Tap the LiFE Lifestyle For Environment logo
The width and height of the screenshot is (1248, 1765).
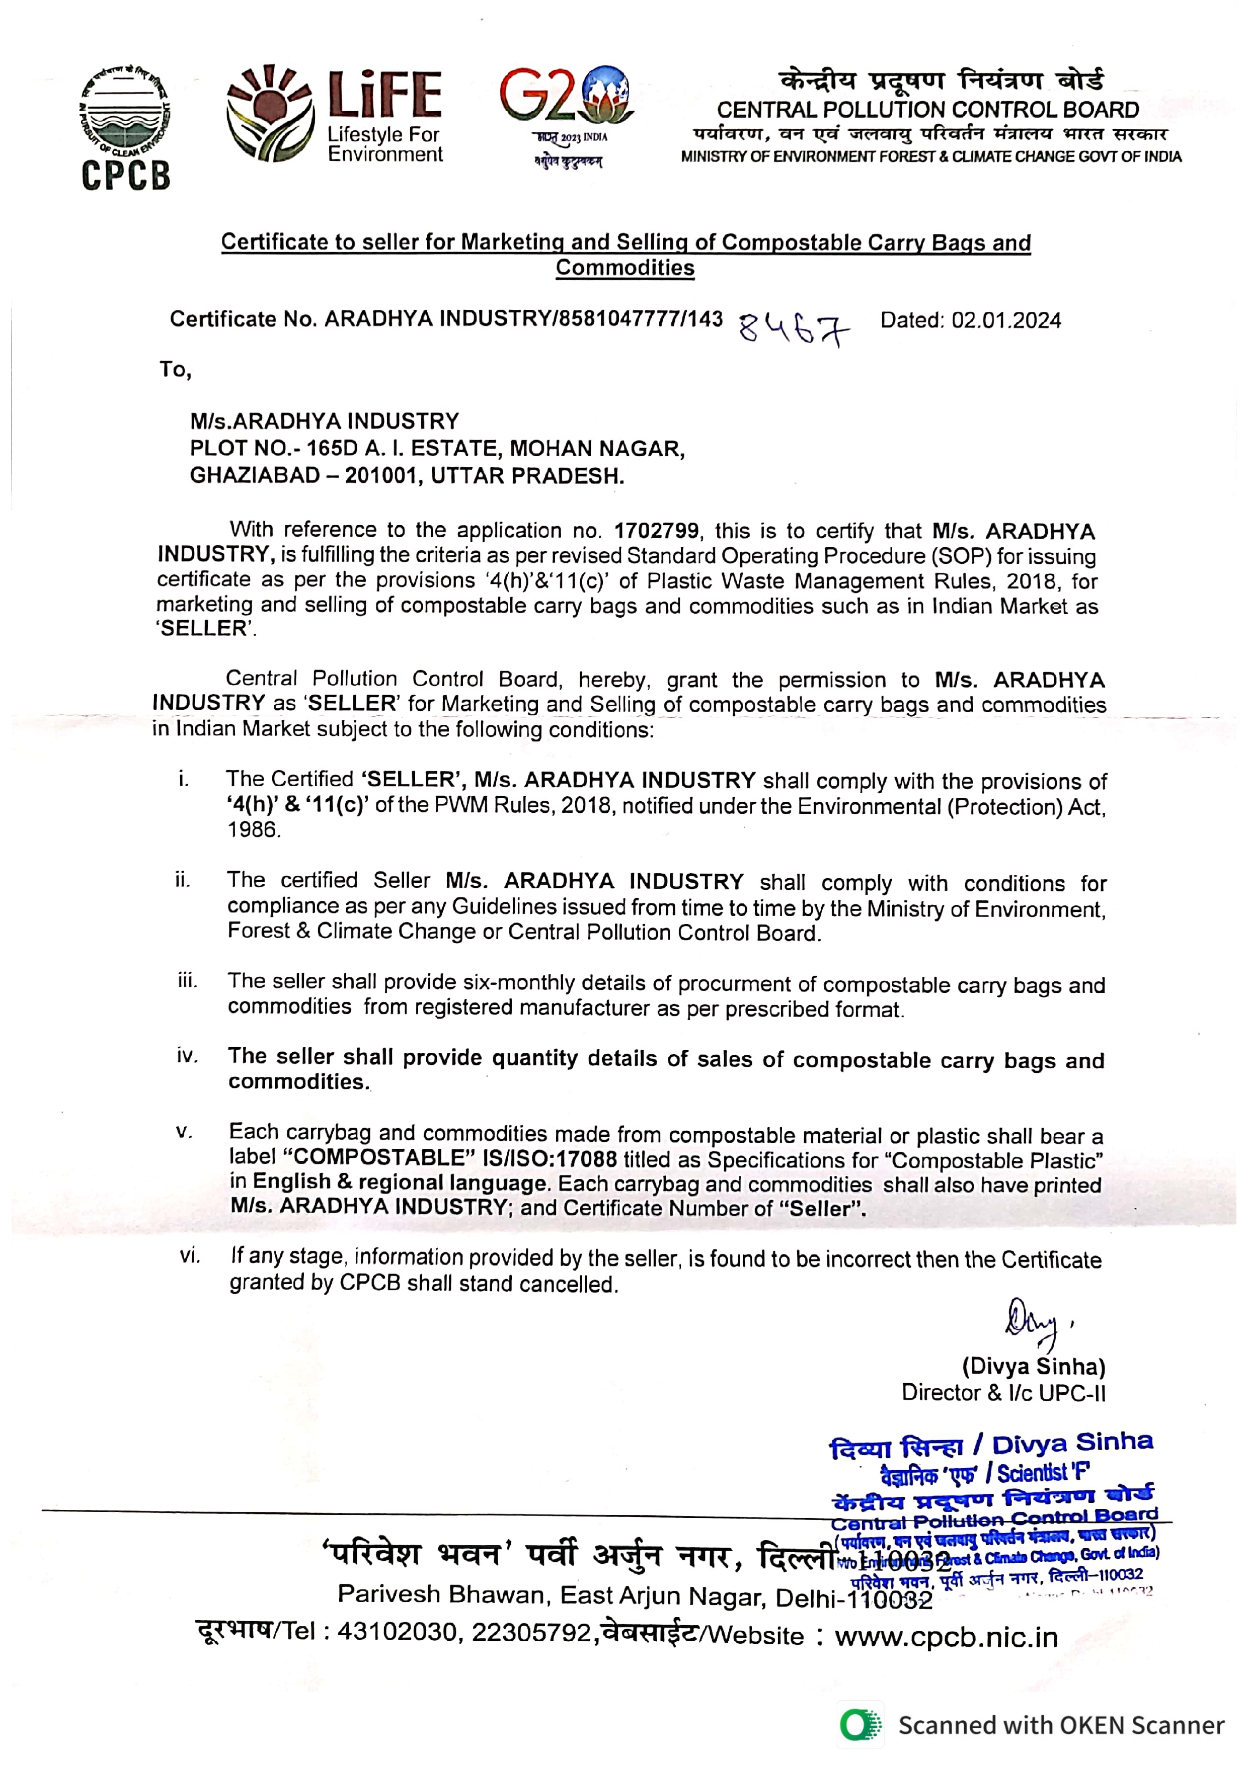tap(335, 115)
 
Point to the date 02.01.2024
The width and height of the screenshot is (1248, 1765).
tap(1006, 320)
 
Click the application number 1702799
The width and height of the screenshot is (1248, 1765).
tap(657, 531)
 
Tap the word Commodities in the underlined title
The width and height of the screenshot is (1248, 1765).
tap(625, 268)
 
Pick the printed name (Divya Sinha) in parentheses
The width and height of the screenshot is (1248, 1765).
tap(1034, 1367)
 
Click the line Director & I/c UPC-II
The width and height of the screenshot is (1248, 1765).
tap(1003, 1392)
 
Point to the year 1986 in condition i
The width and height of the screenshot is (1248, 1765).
tap(253, 829)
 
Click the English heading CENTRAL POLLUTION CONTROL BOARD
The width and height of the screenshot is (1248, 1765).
tap(927, 110)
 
